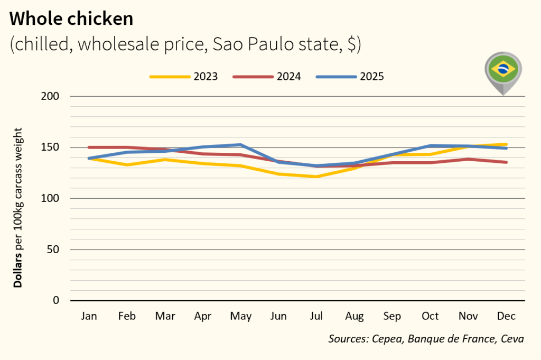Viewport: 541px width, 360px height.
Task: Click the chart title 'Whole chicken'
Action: click(x=71, y=19)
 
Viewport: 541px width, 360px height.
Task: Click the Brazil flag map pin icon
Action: click(x=503, y=70)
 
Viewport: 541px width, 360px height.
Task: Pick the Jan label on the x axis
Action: click(x=89, y=316)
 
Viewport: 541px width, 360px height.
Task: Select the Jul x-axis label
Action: click(x=316, y=316)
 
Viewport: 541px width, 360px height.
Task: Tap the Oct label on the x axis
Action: click(x=430, y=316)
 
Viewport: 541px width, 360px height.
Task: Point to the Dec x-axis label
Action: click(x=506, y=316)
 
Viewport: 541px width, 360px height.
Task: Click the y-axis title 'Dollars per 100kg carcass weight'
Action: click(x=18, y=207)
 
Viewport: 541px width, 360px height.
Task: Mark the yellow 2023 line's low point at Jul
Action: click(x=316, y=177)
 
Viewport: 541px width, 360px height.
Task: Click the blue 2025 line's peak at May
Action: click(x=240, y=145)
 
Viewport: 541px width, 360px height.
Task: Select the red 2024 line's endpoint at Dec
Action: click(x=506, y=162)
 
